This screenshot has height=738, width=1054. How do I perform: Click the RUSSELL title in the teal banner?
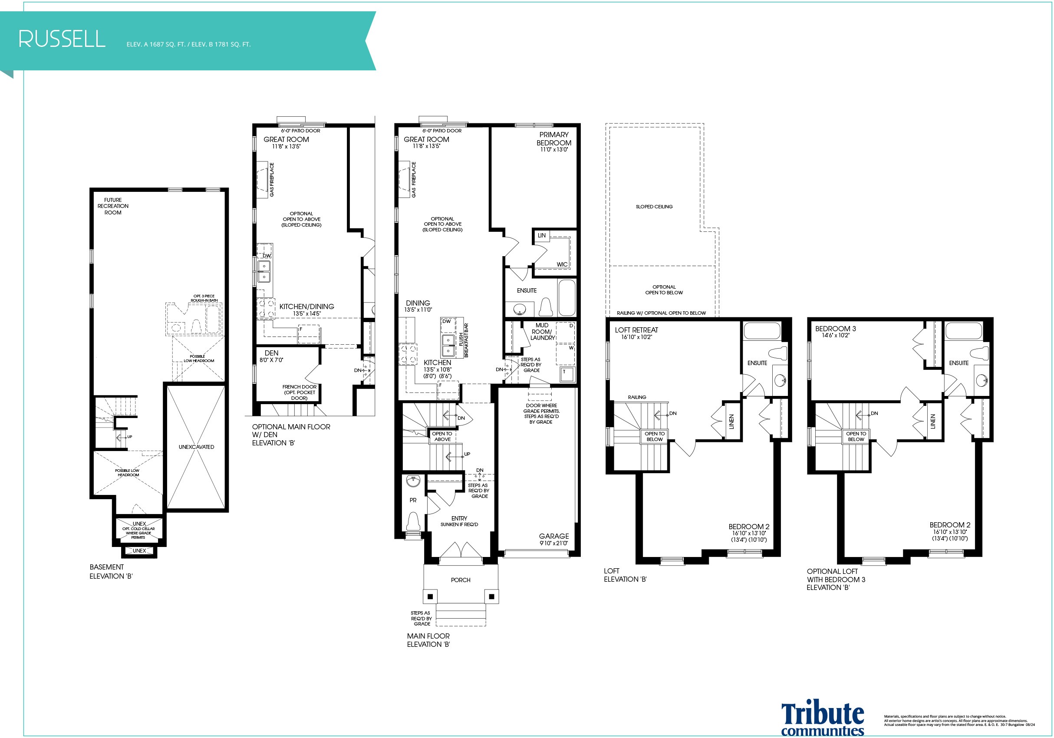pos(62,39)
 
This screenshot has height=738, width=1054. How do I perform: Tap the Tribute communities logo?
pos(823,719)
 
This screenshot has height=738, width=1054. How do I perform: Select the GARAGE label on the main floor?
pos(553,536)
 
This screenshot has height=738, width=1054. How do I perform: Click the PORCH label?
pos(461,580)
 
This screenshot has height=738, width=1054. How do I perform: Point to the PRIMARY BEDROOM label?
pos(554,138)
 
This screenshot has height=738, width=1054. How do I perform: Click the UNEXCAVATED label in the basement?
pos(197,447)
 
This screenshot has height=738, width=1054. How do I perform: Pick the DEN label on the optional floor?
pos(271,353)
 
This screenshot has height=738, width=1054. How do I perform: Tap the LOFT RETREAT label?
pos(636,330)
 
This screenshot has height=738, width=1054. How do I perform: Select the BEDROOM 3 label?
pos(836,329)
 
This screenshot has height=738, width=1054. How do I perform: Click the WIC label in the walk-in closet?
pos(562,264)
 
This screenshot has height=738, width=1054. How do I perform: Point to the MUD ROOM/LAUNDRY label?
pos(542,331)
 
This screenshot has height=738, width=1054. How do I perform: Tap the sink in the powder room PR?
pos(413,482)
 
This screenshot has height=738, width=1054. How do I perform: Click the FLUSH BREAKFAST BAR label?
pos(464,340)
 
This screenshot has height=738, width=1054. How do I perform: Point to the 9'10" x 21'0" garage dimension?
pos(553,544)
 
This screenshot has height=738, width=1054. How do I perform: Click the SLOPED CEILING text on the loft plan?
pos(654,207)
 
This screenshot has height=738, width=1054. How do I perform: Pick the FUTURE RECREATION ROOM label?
pos(113,206)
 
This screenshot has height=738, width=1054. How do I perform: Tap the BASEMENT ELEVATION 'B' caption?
pos(111,572)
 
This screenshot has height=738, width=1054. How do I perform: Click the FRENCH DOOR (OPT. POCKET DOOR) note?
pos(299,392)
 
